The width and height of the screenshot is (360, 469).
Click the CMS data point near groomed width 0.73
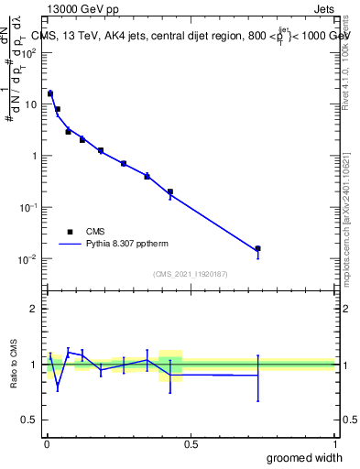click(258, 248)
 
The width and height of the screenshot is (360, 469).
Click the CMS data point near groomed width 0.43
click(170, 192)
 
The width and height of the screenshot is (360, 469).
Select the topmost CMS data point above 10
click(50, 93)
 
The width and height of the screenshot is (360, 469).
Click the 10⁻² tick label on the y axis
click(27, 258)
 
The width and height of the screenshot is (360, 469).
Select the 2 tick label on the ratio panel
click(33, 309)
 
